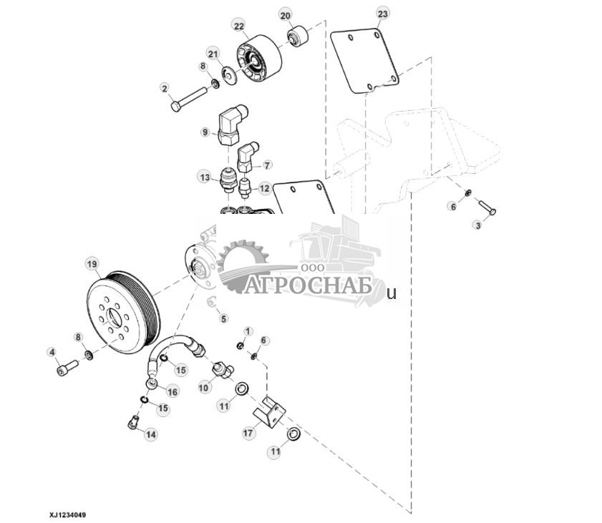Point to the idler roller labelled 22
[x=257, y=60]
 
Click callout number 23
[x=382, y=14]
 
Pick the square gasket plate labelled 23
[x=364, y=60]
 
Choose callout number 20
[x=285, y=15]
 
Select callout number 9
[x=205, y=132]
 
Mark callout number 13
[x=205, y=176]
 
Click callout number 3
[x=477, y=225]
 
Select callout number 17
[x=248, y=432]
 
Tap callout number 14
[x=151, y=434]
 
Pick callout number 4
[x=52, y=351]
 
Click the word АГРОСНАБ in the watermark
[x=307, y=286]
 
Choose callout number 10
[x=204, y=387]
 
